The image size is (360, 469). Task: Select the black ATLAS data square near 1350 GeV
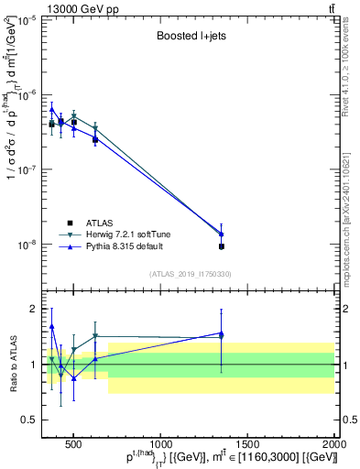coord(222,246)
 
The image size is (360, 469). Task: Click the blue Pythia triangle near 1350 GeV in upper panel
coord(222,234)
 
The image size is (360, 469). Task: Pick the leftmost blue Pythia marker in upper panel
coord(52,109)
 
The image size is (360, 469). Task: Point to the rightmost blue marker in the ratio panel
coord(222,333)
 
